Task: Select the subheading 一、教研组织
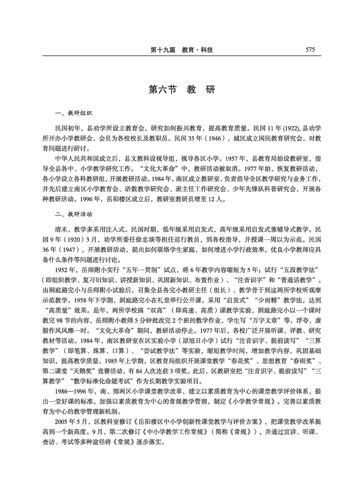tap(67, 114)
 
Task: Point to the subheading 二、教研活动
tap(67, 214)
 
